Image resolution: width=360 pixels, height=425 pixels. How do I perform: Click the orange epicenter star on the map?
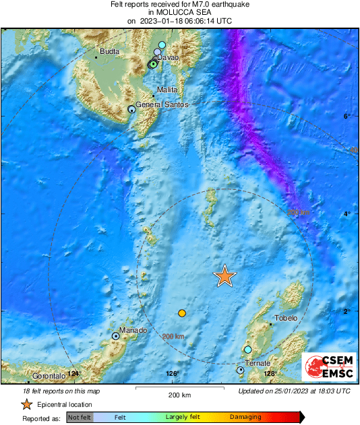(225, 275)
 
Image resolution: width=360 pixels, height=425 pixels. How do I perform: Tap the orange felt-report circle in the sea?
(181, 313)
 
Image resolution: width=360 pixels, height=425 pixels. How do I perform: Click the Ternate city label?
(258, 364)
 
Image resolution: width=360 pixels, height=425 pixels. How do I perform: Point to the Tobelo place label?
(286, 319)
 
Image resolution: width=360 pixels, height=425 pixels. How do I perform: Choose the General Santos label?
(162, 105)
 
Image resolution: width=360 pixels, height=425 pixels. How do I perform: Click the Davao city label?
(167, 58)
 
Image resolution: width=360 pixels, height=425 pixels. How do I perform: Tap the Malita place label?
(167, 90)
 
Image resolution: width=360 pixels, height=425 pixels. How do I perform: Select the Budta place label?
(109, 51)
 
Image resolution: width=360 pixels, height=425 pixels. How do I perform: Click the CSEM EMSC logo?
(326, 368)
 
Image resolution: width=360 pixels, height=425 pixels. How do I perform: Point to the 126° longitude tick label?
(172, 374)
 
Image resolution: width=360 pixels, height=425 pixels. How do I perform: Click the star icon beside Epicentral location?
(26, 404)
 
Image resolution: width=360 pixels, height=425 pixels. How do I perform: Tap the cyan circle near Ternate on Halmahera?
(248, 350)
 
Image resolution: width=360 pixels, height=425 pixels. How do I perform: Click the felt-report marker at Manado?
(116, 335)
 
